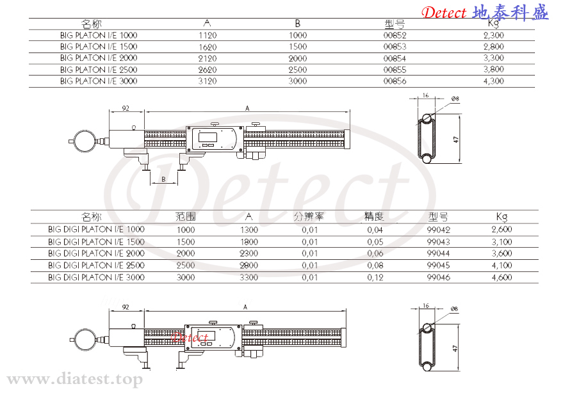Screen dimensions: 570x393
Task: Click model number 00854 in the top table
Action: (x=395, y=58)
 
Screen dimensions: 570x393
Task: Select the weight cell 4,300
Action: (x=493, y=81)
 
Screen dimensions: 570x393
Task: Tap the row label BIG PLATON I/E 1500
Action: (x=99, y=47)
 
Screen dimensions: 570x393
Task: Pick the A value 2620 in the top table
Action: (x=208, y=70)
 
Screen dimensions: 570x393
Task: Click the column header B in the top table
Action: (x=298, y=24)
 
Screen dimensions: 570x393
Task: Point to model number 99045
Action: (x=439, y=265)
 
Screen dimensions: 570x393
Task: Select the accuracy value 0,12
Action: (x=375, y=278)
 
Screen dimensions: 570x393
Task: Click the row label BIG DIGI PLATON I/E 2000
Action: (x=96, y=253)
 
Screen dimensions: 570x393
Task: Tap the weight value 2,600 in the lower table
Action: (x=501, y=229)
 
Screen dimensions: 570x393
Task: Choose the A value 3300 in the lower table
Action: (x=248, y=278)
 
